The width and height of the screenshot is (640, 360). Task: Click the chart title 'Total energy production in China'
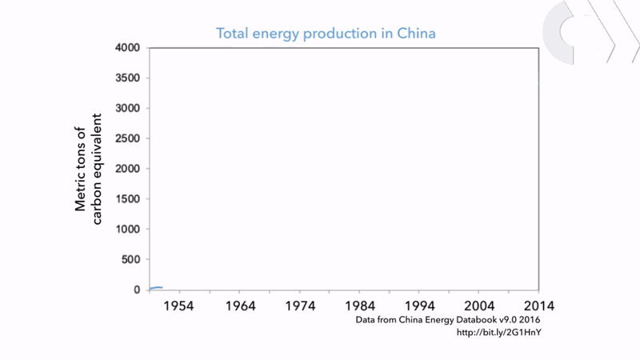coord(326,34)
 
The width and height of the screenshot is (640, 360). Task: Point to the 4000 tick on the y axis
coord(128,48)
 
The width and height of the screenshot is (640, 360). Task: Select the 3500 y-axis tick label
coord(128,78)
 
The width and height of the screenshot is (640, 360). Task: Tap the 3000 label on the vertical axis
coord(128,109)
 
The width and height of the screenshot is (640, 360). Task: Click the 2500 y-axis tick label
coord(128,139)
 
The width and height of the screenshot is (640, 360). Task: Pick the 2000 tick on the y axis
coord(128,169)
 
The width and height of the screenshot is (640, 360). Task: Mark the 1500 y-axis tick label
coord(128,199)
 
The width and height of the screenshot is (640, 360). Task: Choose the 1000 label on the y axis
coord(128,230)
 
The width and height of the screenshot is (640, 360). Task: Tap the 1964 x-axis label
coord(240,306)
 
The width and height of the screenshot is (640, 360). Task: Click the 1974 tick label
coord(300,306)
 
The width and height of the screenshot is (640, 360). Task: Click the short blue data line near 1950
coord(156,287)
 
